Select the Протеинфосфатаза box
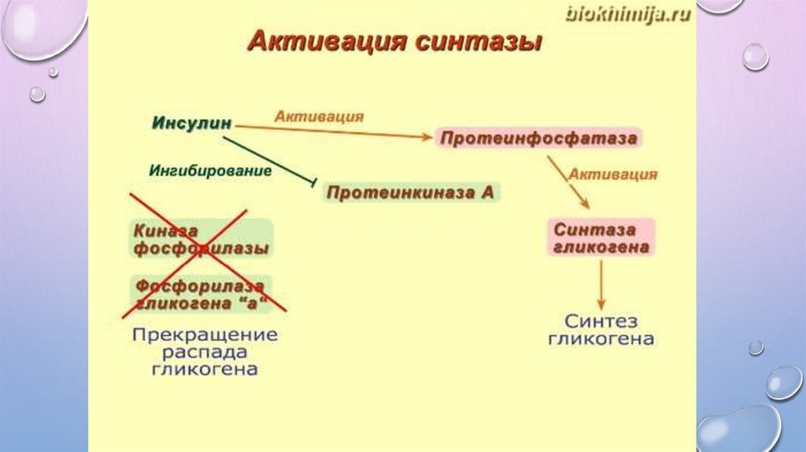click(538, 139)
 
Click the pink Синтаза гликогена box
click(601, 238)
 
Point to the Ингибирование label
click(210, 170)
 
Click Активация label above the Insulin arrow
click(319, 117)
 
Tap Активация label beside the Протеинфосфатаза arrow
click(613, 174)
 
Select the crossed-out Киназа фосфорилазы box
click(201, 239)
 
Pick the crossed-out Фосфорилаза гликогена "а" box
click(201, 293)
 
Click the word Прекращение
click(205, 334)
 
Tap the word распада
click(205, 351)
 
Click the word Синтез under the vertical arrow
click(601, 322)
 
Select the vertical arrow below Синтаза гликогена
click(601, 284)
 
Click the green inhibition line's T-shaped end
click(315, 184)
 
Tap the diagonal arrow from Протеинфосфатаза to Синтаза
click(568, 182)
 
